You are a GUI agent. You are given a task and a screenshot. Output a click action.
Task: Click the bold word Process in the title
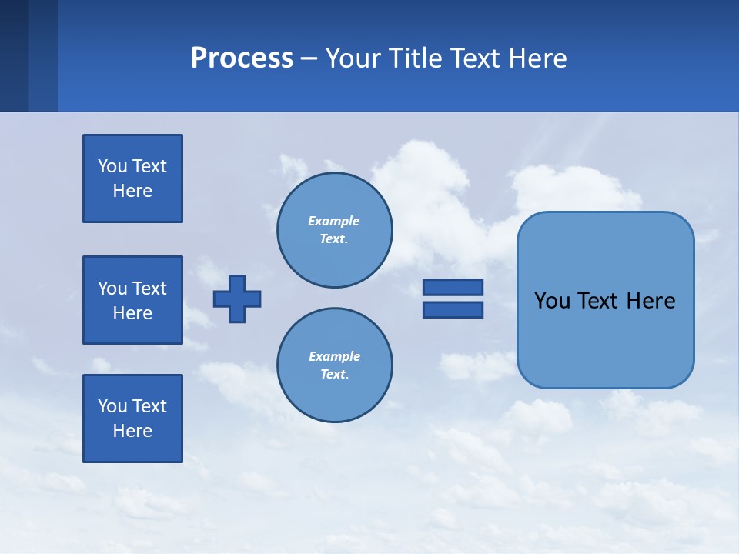point(242,58)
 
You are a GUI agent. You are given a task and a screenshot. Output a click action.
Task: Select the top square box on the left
point(132,179)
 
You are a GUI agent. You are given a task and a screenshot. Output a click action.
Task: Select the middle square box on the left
point(132,300)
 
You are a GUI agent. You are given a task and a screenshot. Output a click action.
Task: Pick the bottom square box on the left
point(132,419)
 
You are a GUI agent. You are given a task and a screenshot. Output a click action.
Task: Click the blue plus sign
point(237,299)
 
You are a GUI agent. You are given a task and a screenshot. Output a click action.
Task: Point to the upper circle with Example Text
point(334,230)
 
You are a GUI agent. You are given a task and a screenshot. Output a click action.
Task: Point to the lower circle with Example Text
point(334,365)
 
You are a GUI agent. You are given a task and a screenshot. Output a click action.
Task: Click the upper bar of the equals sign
point(453,287)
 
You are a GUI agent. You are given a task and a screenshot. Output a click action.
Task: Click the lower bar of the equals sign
point(453,309)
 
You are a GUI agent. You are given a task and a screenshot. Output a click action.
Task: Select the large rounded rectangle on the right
point(605,339)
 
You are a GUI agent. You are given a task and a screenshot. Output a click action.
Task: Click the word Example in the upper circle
point(333,221)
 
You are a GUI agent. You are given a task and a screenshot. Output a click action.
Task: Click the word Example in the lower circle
point(334,356)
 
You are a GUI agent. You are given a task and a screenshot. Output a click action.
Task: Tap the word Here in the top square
point(132,191)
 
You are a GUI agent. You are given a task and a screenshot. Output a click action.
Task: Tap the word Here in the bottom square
point(132,431)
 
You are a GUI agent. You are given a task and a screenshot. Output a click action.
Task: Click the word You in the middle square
point(112,289)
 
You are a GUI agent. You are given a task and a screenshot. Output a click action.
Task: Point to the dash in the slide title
point(309,58)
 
